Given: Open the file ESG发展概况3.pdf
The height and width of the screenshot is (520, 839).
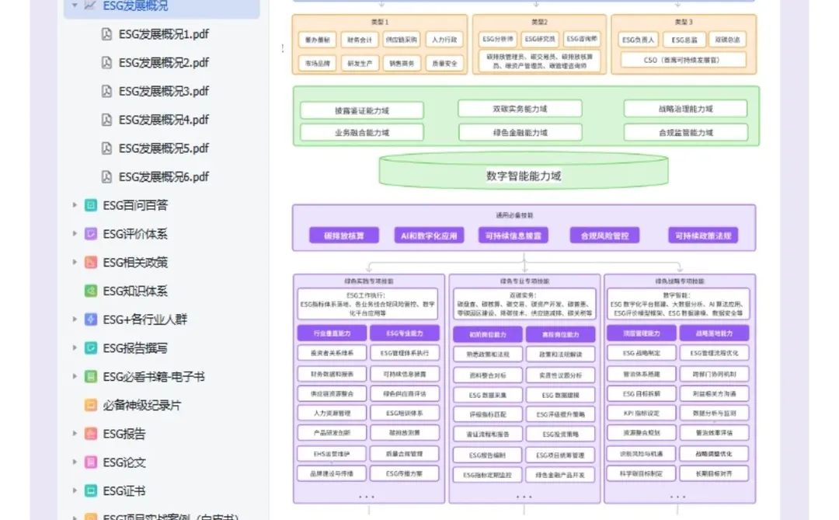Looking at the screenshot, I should click(x=163, y=91).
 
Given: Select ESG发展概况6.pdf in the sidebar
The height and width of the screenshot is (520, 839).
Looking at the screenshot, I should click(x=163, y=176).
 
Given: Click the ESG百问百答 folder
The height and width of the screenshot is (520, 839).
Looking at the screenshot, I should click(x=135, y=205).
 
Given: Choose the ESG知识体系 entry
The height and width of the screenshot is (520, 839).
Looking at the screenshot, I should click(x=135, y=291).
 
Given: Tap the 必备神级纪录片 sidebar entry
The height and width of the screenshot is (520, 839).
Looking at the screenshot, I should click(x=141, y=405).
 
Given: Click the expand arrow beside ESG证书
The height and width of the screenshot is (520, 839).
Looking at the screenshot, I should click(x=75, y=491).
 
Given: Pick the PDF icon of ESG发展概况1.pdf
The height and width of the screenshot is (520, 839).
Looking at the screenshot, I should click(x=106, y=34).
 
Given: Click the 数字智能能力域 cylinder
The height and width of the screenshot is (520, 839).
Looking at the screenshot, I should click(x=523, y=176).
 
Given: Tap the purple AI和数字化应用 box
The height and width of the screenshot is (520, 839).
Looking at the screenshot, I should click(x=429, y=236).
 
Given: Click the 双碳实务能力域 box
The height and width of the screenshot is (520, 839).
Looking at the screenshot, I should click(x=519, y=109).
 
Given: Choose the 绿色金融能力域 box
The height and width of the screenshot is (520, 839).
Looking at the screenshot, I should click(x=519, y=133).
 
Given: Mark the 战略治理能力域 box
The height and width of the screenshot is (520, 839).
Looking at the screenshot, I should click(x=684, y=109).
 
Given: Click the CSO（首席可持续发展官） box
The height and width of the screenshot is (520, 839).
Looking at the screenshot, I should click(x=683, y=60).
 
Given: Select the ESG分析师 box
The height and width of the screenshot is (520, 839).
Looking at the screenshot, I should click(x=498, y=39).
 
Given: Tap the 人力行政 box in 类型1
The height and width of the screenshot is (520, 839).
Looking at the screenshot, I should click(x=444, y=40).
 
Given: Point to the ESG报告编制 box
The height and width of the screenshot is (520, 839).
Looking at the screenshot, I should click(x=486, y=455).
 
